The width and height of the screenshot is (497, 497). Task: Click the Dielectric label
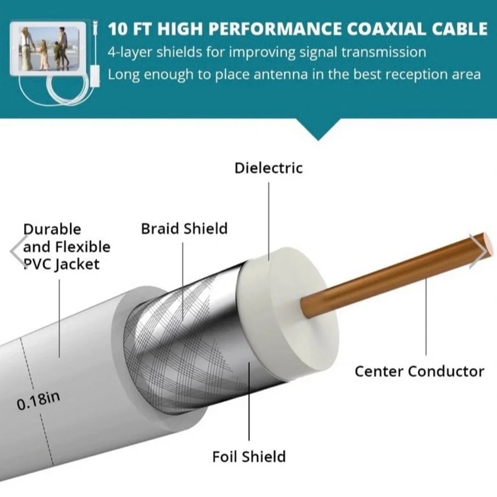coord(268,167)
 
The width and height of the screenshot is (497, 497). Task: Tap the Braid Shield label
coord(184,229)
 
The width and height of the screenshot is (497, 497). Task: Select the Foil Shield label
coord(249,457)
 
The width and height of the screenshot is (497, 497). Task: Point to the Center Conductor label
coord(419,371)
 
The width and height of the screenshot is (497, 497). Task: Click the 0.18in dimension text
coord(38,400)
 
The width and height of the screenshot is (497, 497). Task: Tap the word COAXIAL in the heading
coord(386,29)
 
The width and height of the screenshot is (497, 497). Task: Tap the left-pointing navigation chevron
coord(17,251)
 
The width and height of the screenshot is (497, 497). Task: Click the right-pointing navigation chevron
coord(479,251)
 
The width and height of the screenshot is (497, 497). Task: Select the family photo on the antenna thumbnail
coord(49,49)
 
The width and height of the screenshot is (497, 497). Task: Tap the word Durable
coord(52,229)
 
